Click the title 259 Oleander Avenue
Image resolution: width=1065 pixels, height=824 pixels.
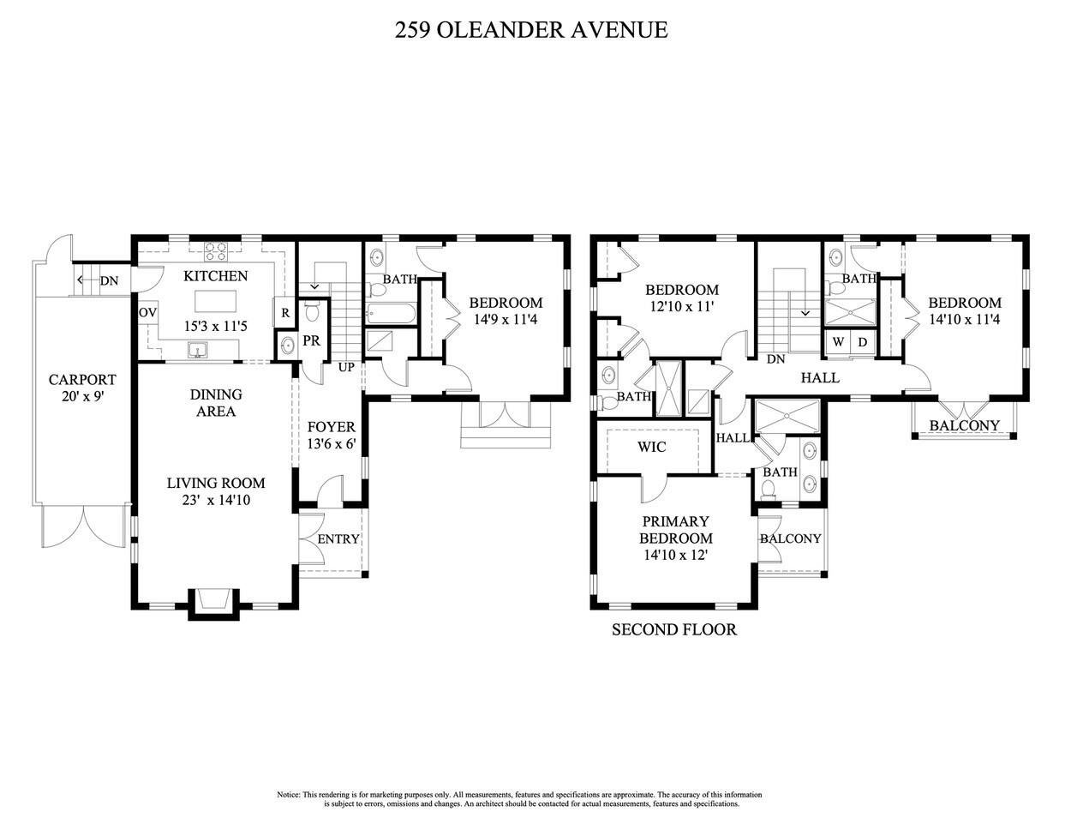coord(531,30)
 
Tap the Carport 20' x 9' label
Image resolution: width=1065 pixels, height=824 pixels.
coord(82,388)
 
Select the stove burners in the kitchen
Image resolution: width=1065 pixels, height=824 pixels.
coord(216,252)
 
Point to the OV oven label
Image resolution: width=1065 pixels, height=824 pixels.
coord(147,313)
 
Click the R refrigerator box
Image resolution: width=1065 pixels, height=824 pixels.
coord(284,313)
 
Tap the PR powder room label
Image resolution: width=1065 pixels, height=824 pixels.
coord(311,341)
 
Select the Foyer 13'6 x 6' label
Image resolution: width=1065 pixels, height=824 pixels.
coord(331,436)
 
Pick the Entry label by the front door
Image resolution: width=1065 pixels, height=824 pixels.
coord(338,539)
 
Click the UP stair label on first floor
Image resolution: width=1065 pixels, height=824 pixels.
coord(346,367)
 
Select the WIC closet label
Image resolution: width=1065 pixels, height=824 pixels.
coord(652,448)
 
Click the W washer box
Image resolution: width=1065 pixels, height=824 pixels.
coord(839,342)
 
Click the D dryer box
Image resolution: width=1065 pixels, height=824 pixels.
coord(862,342)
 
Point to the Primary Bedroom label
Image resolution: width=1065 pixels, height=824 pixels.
coord(676,530)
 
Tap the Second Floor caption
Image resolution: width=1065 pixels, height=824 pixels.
coord(673,630)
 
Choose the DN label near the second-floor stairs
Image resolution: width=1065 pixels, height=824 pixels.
coord(776,359)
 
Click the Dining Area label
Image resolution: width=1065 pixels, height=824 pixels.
coord(216,403)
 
